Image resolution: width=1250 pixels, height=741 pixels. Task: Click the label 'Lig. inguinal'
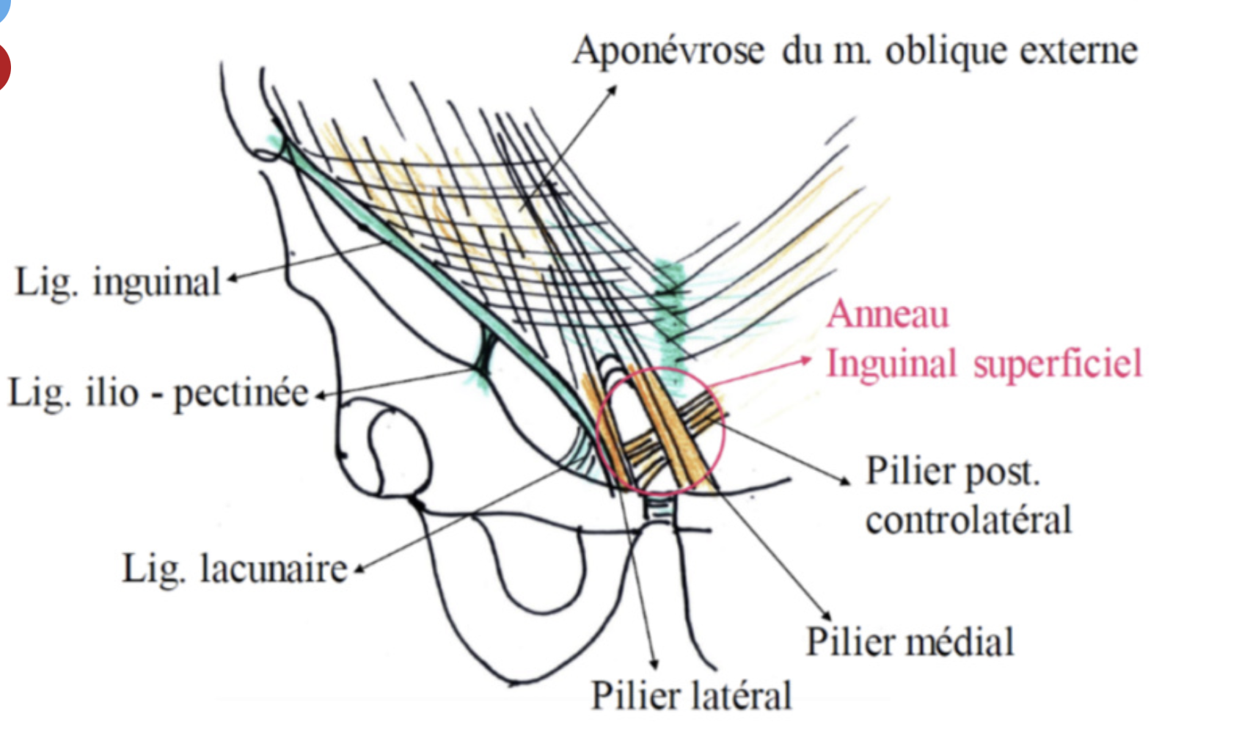[117, 282]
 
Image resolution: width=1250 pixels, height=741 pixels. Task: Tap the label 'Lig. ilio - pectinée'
[158, 393]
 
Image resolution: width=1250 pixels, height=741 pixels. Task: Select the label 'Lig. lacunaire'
[234, 569]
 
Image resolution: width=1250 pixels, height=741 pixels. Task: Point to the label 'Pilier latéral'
[691, 696]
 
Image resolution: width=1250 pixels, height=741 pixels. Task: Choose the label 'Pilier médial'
[910, 642]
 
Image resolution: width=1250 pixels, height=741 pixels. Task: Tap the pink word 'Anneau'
[888, 314]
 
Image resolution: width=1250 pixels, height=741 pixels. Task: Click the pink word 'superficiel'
[1058, 363]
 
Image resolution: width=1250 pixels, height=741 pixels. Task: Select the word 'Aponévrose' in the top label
[668, 51]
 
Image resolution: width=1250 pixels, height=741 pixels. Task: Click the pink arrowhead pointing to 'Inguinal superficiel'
[806, 359]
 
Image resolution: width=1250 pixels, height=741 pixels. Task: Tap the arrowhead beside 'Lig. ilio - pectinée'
[320, 396]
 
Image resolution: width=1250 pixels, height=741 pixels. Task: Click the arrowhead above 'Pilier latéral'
[654, 664]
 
